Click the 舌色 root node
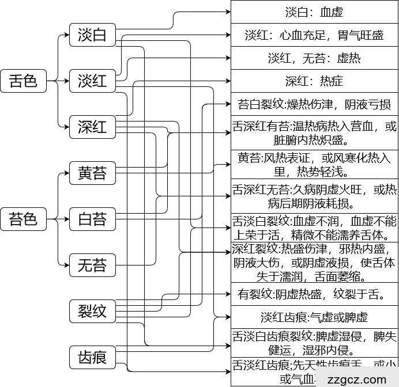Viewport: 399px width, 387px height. point(23,80)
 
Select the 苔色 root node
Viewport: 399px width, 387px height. point(23,219)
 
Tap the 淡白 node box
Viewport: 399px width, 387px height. point(92,35)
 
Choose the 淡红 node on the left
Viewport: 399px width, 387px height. point(92,80)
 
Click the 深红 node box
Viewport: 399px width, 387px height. point(92,126)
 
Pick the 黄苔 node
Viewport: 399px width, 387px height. point(92,173)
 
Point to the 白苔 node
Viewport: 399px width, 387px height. point(92,219)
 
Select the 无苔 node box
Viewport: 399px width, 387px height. point(92,265)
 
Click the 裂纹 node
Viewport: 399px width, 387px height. point(92,311)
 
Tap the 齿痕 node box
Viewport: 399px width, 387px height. point(92,357)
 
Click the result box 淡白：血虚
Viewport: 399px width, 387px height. point(314,12)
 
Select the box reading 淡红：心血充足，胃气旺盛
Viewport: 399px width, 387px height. point(314,35)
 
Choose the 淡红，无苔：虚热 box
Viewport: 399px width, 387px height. point(314,58)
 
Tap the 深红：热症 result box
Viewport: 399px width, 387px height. point(314,81)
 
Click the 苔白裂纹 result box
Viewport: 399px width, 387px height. point(314,104)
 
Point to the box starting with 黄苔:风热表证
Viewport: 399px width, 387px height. point(314,164)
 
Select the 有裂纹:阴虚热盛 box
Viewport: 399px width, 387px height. point(314,294)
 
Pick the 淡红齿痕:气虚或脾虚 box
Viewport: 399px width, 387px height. point(314,317)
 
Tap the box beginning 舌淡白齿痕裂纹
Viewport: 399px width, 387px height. point(314,343)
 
